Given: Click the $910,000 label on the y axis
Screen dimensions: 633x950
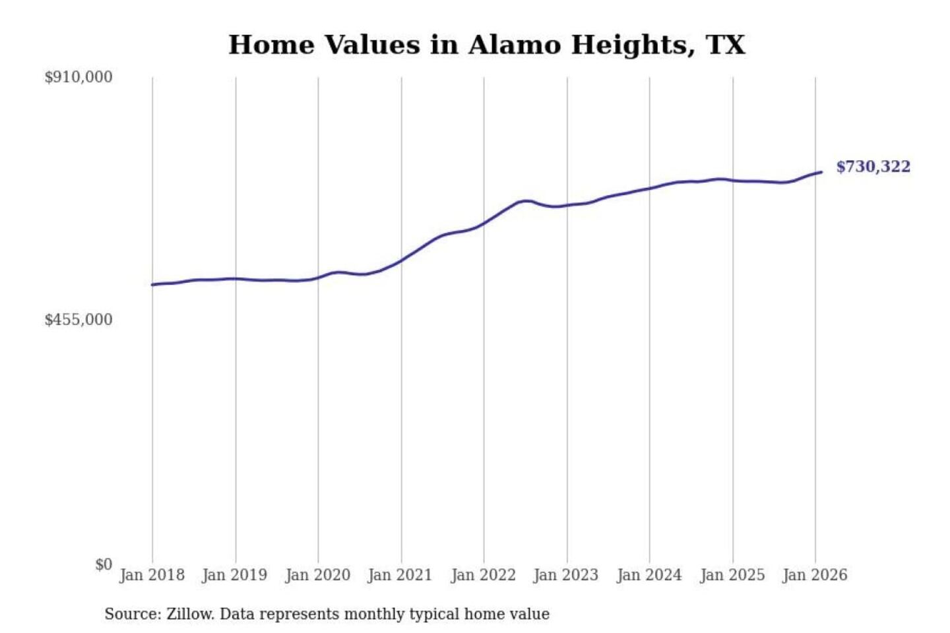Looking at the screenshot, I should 79,77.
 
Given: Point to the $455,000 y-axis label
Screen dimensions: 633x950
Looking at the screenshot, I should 79,320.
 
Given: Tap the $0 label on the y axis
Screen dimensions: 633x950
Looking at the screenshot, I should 104,564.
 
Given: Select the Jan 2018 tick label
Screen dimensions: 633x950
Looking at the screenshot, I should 152,575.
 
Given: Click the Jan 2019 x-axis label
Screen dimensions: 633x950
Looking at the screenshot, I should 234,575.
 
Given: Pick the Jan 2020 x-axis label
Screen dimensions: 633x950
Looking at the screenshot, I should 317,575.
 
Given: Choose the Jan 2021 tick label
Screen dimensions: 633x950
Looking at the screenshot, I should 400,575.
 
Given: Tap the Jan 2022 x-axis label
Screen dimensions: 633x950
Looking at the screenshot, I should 483,575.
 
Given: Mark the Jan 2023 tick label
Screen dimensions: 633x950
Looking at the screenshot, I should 565,575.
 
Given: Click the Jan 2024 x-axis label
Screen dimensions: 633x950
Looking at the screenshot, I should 649,575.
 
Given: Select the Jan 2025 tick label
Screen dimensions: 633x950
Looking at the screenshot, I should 732,575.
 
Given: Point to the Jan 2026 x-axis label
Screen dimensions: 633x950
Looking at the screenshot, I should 814,575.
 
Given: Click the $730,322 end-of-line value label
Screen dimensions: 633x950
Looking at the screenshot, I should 873,167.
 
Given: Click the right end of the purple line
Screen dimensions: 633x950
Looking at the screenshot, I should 821,172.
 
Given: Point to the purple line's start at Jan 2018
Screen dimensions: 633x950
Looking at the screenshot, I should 152,285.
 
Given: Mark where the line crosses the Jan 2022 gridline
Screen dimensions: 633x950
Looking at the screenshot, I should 484,224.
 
